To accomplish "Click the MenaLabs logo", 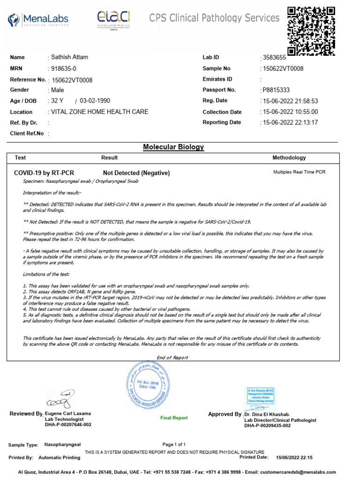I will (38, 19).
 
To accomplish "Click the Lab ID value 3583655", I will (273, 58).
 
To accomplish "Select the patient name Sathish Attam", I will (69, 57).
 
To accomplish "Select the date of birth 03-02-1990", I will (95, 101).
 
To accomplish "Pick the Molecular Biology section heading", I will (173, 147).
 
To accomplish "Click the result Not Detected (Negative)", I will (136, 173).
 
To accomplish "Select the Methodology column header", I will (289, 158).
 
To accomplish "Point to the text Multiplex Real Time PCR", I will (299, 172).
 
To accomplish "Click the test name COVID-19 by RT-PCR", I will (44, 173).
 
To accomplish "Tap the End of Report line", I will (172, 358).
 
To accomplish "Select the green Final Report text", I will (174, 418).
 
